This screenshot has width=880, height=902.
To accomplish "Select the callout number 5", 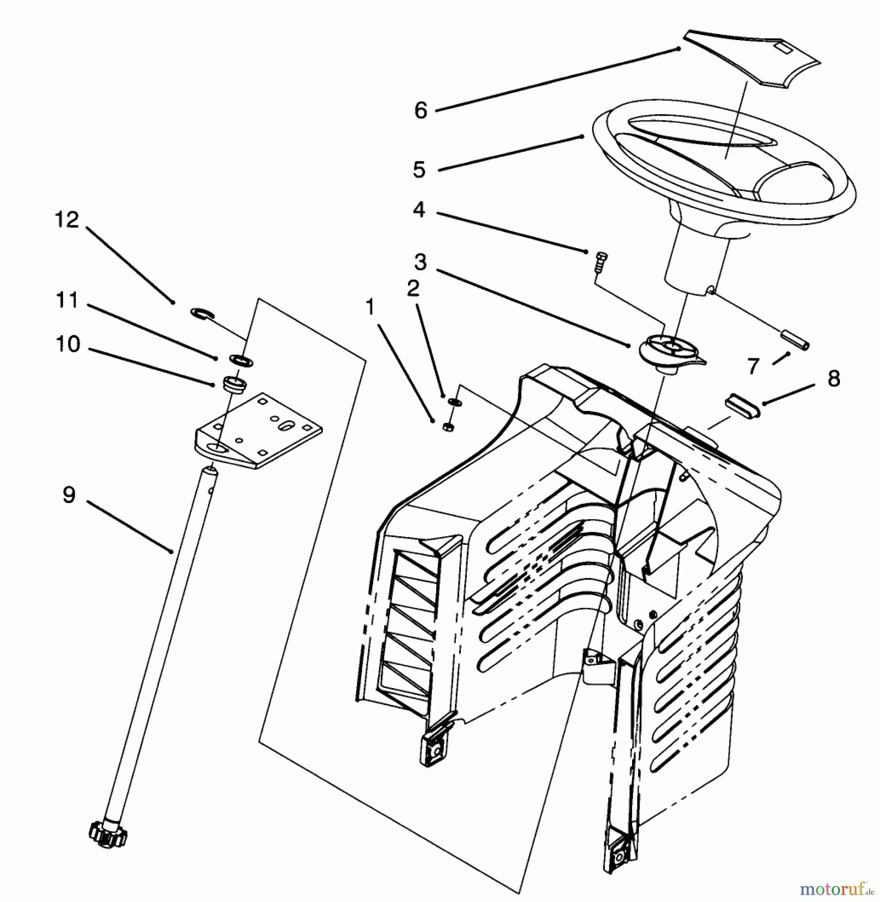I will [x=419, y=169].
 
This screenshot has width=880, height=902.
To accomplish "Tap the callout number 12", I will [x=67, y=220].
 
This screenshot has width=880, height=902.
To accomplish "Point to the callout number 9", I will [x=69, y=495].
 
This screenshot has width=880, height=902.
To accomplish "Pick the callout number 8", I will [x=833, y=378].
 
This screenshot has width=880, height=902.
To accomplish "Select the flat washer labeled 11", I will [x=242, y=360].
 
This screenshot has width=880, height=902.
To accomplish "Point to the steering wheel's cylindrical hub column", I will [x=694, y=261].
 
